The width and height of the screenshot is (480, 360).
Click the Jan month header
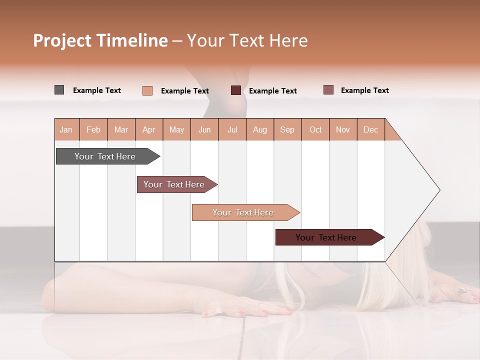pyautogui.click(x=66, y=129)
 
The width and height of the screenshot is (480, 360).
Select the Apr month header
pyautogui.click(x=149, y=129)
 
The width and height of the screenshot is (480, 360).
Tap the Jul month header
pyautogui.click(x=232, y=129)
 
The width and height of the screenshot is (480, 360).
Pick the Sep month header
pyautogui.click(x=287, y=129)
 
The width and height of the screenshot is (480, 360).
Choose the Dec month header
pyautogui.click(x=370, y=129)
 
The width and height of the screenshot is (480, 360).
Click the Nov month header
pyautogui.click(x=343, y=129)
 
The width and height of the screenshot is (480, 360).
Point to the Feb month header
pyautogui.click(x=93, y=129)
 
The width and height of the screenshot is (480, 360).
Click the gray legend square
pyautogui.click(x=59, y=90)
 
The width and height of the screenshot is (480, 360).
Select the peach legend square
pyautogui.click(x=147, y=90)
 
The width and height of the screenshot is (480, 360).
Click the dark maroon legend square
pyautogui.click(x=235, y=90)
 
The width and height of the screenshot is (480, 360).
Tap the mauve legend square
pyautogui.click(x=328, y=90)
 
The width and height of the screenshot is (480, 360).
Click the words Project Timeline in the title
pyautogui.click(x=100, y=40)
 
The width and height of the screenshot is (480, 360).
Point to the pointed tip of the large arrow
pyautogui.click(x=439, y=190)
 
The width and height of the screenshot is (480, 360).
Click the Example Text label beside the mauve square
pyautogui.click(x=364, y=90)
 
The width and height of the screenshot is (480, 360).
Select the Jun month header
pyautogui.click(x=204, y=129)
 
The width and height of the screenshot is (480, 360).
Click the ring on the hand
pyautogui.click(x=464, y=290)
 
